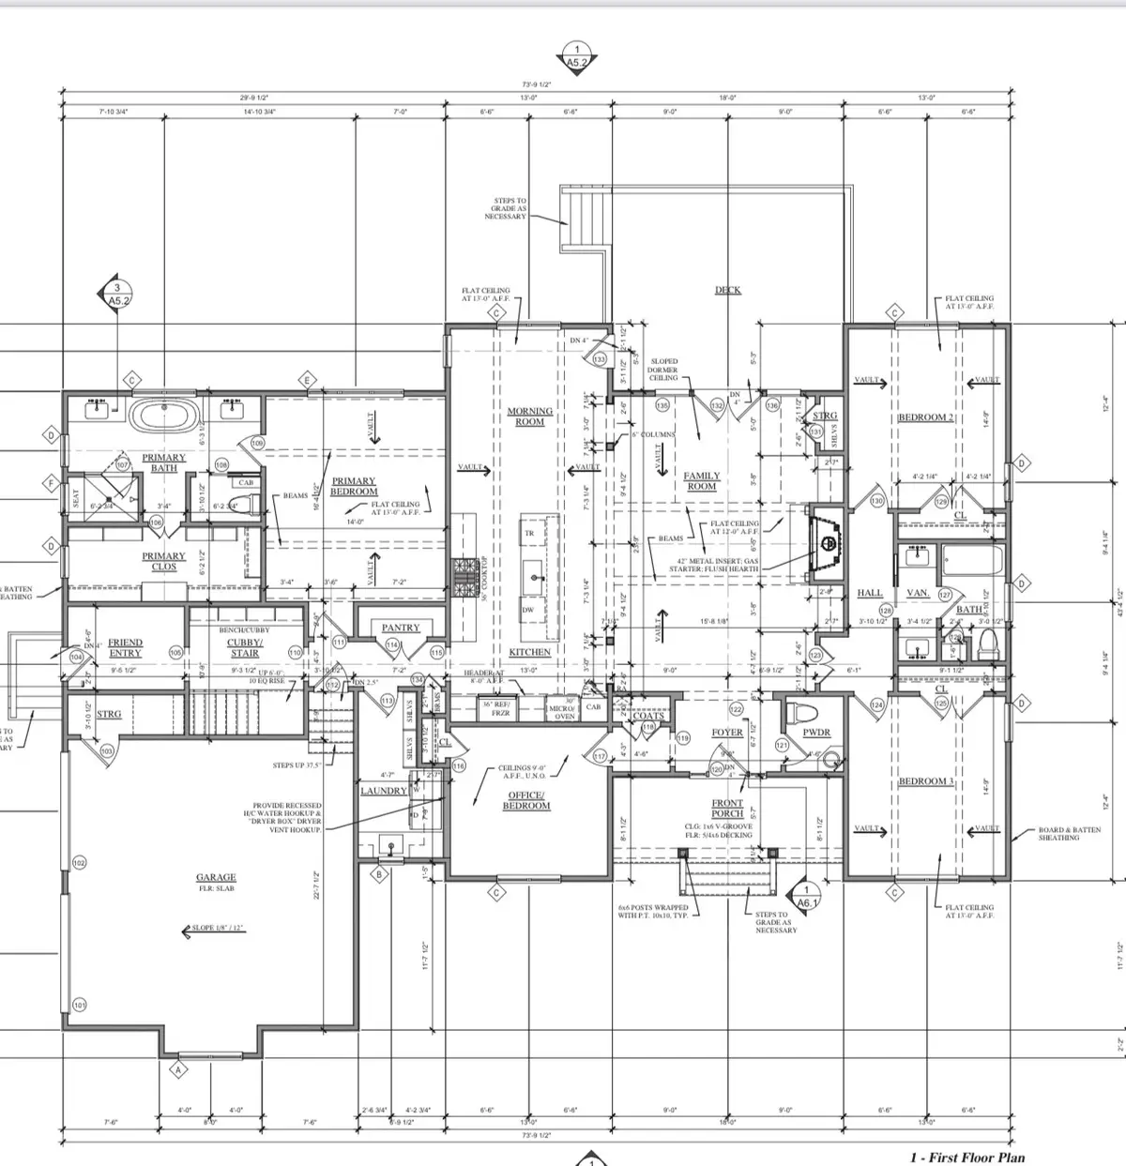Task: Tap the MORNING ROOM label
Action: (530, 416)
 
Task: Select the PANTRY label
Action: (401, 628)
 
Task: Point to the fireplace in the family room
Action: (826, 534)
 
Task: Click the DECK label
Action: (728, 290)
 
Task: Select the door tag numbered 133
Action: (600, 359)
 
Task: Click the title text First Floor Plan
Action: (966, 1158)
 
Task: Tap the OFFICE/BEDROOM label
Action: (526, 800)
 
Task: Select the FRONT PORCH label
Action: (727, 808)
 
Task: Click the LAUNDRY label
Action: (385, 791)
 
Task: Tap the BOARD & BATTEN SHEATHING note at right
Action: (1058, 834)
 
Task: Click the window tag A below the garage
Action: (175, 1070)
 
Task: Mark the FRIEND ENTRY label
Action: (125, 647)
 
